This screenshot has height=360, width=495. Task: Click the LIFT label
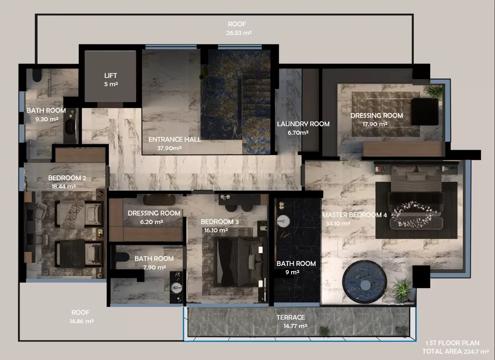(x=111, y=75)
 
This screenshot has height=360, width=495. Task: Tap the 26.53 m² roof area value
(x=239, y=33)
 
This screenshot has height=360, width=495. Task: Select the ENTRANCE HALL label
(x=174, y=139)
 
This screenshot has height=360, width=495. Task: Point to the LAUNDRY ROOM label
(x=303, y=124)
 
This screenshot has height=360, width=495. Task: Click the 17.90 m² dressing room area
(x=375, y=124)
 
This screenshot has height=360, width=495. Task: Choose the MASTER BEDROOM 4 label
(x=354, y=215)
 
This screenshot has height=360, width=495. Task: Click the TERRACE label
(x=290, y=318)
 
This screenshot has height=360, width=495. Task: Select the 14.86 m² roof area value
(x=82, y=321)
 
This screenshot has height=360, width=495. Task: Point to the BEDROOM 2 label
(x=67, y=178)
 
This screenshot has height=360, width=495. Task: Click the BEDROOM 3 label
(x=219, y=222)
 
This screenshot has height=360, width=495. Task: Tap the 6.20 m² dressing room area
(x=152, y=222)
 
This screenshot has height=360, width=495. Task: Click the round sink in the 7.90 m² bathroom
(x=176, y=287)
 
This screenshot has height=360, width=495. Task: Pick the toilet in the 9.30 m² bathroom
(x=37, y=75)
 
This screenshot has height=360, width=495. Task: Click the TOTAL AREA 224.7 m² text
(x=455, y=351)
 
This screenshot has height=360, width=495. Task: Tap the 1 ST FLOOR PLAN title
(x=453, y=343)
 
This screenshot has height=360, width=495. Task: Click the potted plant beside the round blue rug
(x=403, y=290)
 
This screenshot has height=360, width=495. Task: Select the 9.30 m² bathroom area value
(x=47, y=119)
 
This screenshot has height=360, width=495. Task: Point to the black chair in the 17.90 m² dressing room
(x=424, y=112)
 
